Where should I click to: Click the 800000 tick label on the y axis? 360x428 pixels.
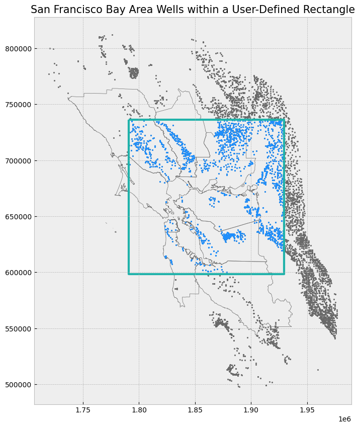(18, 49)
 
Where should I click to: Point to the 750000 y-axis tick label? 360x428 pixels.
(18, 105)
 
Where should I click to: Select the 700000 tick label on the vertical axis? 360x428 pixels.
(18, 161)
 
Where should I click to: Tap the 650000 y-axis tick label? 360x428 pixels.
(18, 217)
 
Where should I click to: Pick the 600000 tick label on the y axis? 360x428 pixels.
(18, 273)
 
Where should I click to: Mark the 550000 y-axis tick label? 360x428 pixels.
(18, 329)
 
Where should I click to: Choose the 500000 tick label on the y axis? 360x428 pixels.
(18, 385)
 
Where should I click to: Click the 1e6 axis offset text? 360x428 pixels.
(344, 419)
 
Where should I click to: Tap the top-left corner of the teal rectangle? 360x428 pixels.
(129, 120)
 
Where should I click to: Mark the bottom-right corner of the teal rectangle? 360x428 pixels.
(284, 274)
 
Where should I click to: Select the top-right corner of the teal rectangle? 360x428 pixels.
(284, 120)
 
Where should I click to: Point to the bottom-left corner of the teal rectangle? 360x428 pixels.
(129, 274)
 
